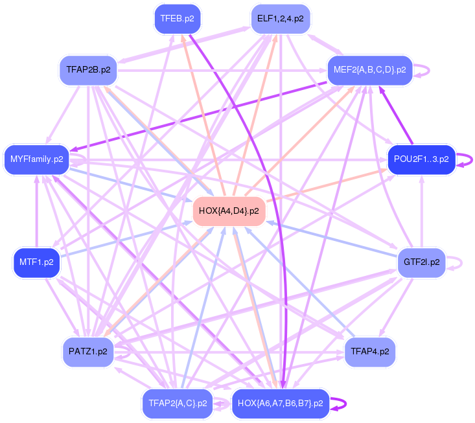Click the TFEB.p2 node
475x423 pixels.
pyautogui.click(x=177, y=19)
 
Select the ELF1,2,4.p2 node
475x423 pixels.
pyautogui.click(x=280, y=19)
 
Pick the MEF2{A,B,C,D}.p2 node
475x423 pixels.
pyautogui.click(x=369, y=70)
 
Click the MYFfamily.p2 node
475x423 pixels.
pyautogui.click(x=37, y=159)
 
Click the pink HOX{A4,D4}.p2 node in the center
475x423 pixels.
pyautogui.click(x=229, y=211)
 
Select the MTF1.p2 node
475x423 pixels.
pyautogui.click(x=36, y=263)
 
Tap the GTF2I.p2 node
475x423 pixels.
pyautogui.click(x=421, y=262)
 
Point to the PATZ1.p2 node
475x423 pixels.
pyautogui.click(x=87, y=352)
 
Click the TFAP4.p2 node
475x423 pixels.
pyautogui.click(x=369, y=352)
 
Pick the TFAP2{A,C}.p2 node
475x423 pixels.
pyautogui.click(x=177, y=403)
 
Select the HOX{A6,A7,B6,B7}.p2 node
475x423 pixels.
pyautogui.click(x=280, y=403)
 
